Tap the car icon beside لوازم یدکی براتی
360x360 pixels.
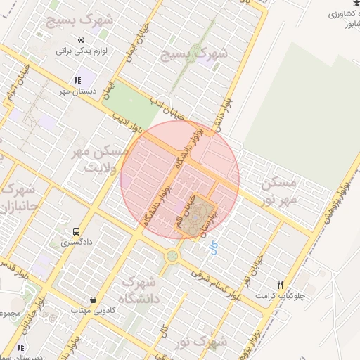pos(83,39)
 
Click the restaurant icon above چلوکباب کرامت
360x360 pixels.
pos(280,285)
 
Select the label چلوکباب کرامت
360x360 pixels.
pos(281,296)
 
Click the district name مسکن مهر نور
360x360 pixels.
pos(280,191)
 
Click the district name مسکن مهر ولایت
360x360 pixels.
pos(104,159)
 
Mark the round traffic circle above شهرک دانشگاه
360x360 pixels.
pos(172,256)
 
